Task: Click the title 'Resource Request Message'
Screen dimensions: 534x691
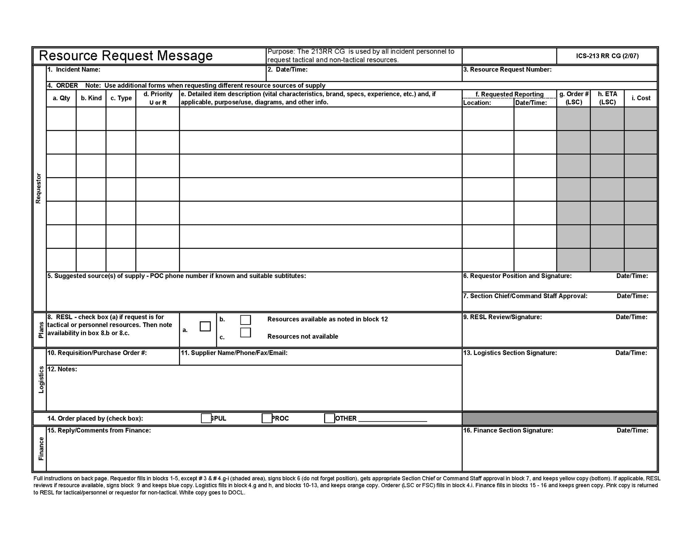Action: point(126,56)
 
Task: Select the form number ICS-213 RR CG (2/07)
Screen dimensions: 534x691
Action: point(607,56)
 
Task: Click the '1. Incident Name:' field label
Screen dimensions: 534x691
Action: point(74,70)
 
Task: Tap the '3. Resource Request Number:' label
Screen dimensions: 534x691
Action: point(507,70)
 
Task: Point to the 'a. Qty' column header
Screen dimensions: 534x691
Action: point(61,98)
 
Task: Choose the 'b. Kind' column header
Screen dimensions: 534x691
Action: point(91,98)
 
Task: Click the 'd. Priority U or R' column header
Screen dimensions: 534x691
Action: point(158,98)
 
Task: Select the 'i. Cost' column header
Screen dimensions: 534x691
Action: point(641,98)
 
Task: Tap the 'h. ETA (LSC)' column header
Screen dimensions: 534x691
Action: point(607,98)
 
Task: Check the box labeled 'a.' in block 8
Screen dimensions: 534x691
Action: point(205,326)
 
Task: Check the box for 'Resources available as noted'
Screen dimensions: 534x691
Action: point(245,320)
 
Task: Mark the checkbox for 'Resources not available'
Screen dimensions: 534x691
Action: point(245,333)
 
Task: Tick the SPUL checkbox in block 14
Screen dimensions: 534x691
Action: point(206,418)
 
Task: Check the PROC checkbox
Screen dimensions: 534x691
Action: point(267,418)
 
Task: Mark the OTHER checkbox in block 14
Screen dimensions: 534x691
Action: point(329,418)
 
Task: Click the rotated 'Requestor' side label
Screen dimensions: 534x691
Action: point(39,189)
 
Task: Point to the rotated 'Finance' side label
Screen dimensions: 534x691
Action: point(41,449)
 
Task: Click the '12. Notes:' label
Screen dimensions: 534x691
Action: point(62,369)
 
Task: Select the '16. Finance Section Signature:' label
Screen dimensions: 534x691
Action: point(508,430)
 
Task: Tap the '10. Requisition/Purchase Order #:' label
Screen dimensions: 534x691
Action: point(97,353)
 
